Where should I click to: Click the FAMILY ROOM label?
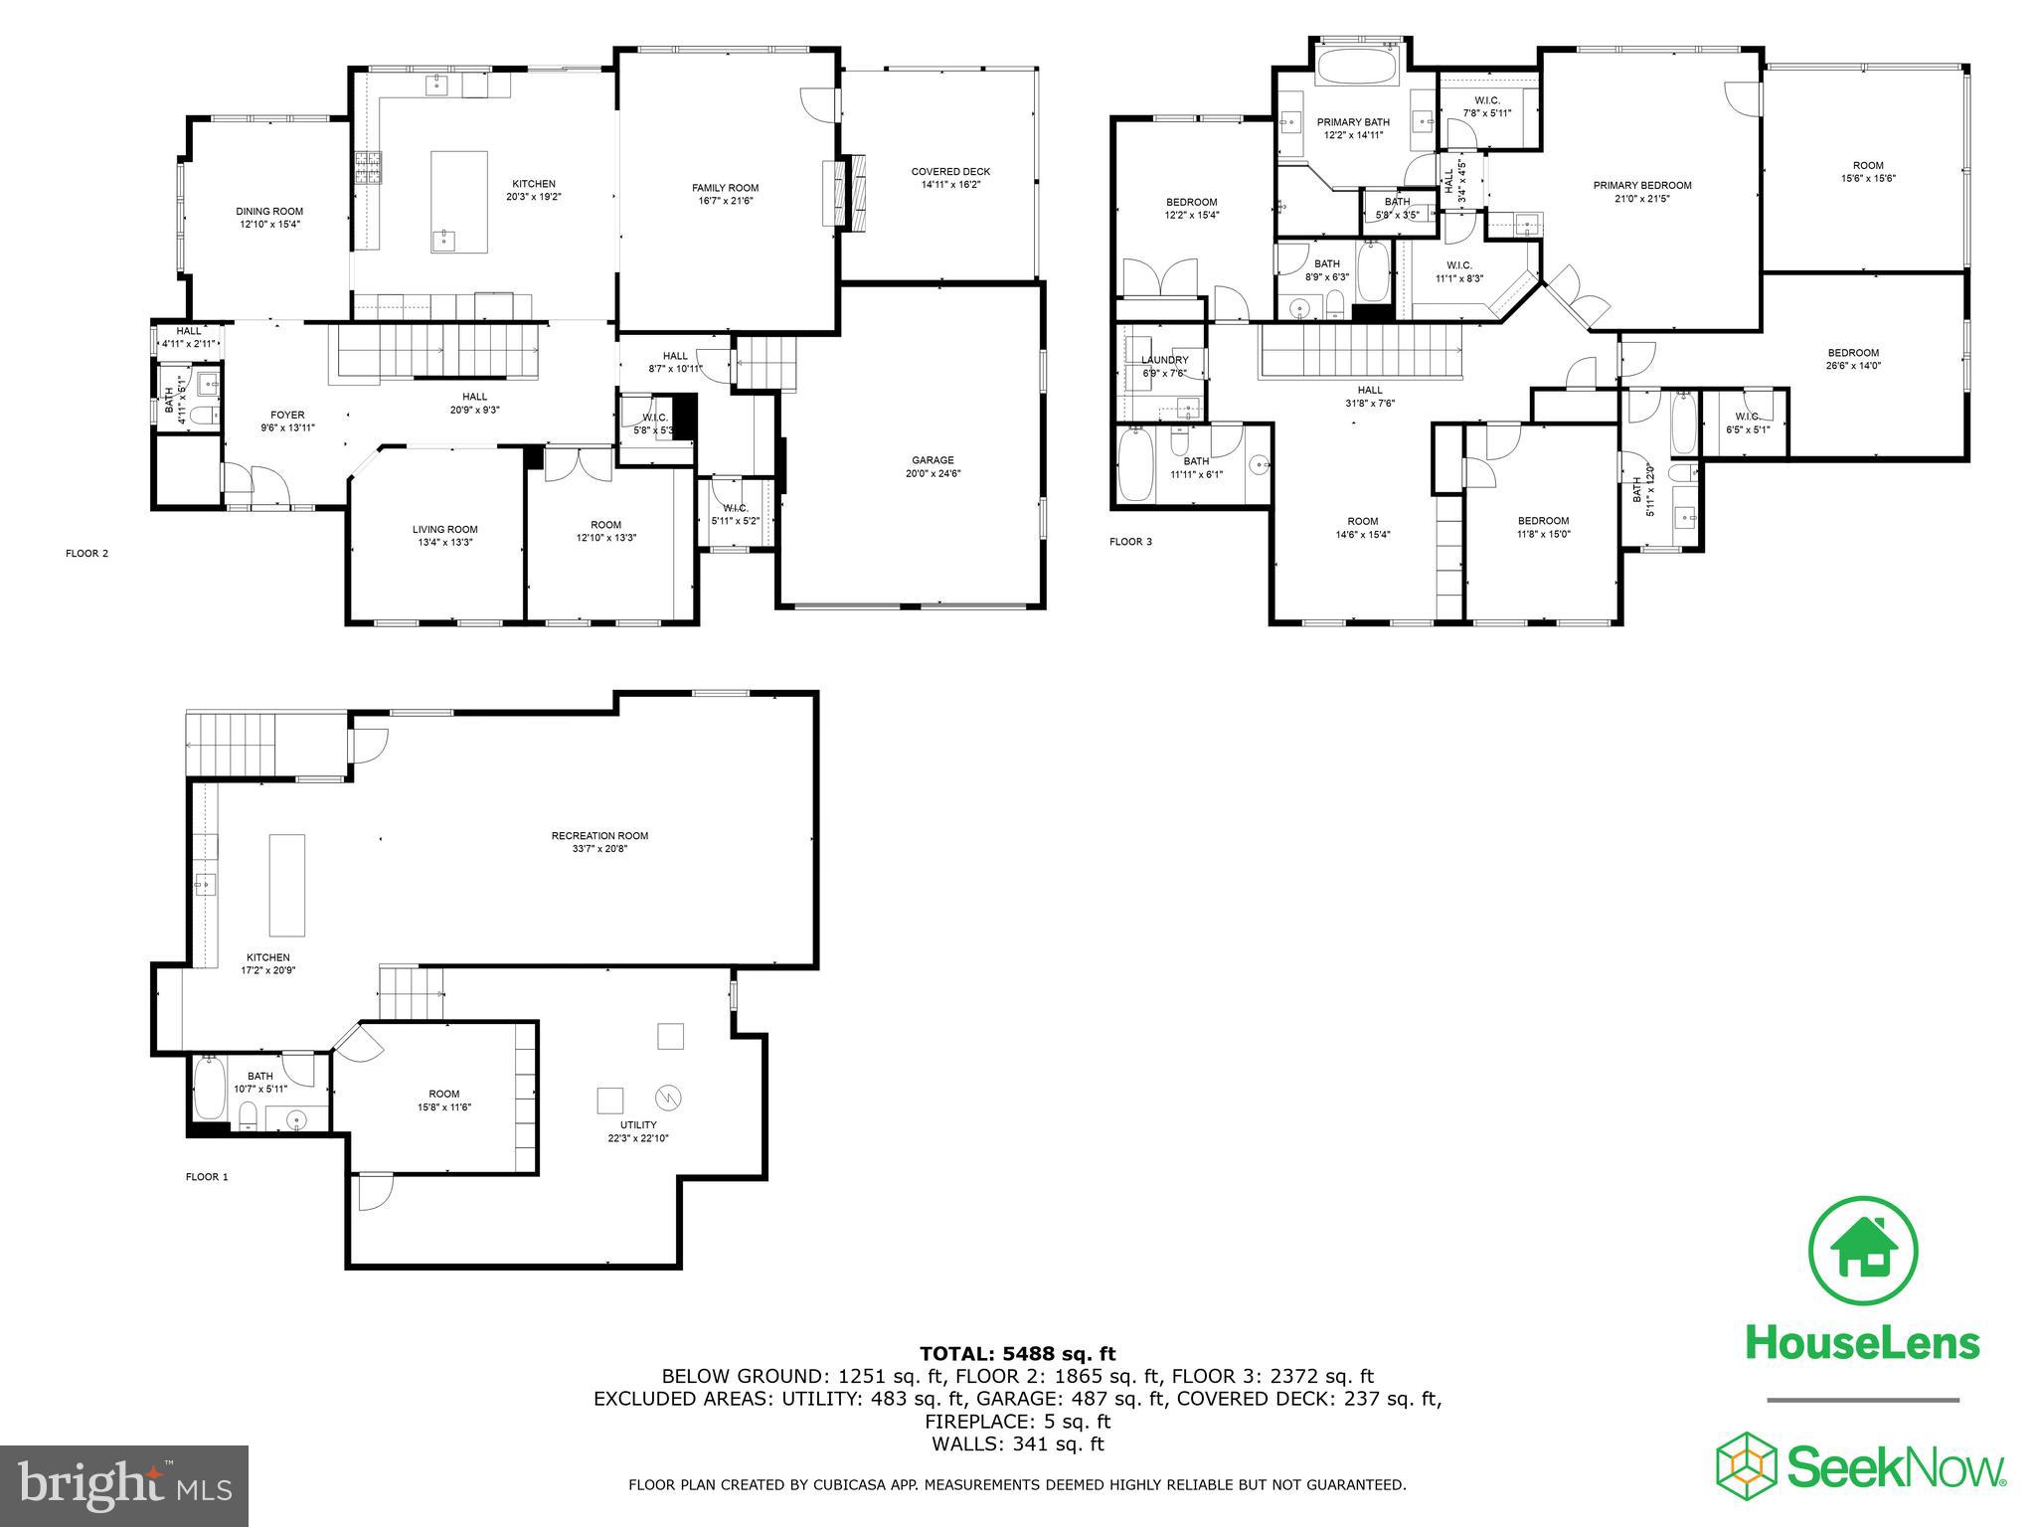(x=725, y=188)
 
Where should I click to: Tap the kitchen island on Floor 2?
(x=458, y=203)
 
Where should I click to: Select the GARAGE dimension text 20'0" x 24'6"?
(x=933, y=474)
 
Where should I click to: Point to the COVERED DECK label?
(x=950, y=172)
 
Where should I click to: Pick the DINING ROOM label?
(x=269, y=211)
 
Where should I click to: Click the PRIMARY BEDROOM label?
(x=1642, y=185)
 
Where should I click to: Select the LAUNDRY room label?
(x=1164, y=360)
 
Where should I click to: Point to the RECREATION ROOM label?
(x=599, y=836)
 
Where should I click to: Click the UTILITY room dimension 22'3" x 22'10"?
(x=638, y=1139)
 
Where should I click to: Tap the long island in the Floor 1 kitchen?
(x=287, y=885)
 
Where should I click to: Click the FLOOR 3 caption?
(x=1131, y=542)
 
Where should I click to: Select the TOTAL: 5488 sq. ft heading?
(x=1017, y=1354)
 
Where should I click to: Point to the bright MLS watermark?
(x=124, y=1485)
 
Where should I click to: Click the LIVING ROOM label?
(x=445, y=530)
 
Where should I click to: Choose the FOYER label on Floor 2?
(x=287, y=415)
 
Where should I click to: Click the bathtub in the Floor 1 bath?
(x=210, y=1090)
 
